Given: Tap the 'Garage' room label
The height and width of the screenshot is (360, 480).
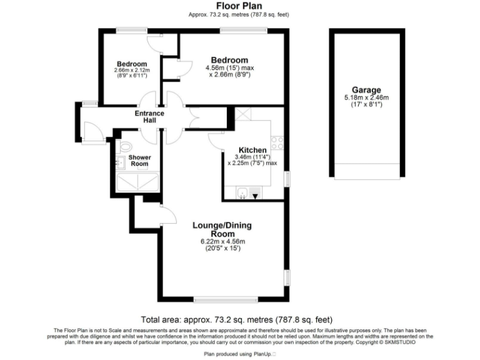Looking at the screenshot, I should [366, 90].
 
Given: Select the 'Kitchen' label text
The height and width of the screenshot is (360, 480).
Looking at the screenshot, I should [253, 150].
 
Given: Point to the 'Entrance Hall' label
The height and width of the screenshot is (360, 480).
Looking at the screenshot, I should [149, 117].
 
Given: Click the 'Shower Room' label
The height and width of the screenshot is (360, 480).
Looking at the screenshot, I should [139, 161].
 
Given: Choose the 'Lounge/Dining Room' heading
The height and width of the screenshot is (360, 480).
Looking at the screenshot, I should [222, 229].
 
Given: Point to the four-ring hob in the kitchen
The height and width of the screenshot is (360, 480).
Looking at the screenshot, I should [277, 143].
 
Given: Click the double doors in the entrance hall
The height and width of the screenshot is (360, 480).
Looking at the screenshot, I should [197, 118].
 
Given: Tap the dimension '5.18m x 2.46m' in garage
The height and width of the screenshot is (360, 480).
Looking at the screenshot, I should [366, 97].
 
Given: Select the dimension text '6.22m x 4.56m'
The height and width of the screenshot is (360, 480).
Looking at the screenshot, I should [222, 242].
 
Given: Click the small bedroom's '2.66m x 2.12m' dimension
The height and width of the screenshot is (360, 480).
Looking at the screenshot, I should [131, 70].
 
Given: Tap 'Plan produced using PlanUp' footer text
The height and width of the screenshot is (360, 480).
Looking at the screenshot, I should [239, 354].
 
